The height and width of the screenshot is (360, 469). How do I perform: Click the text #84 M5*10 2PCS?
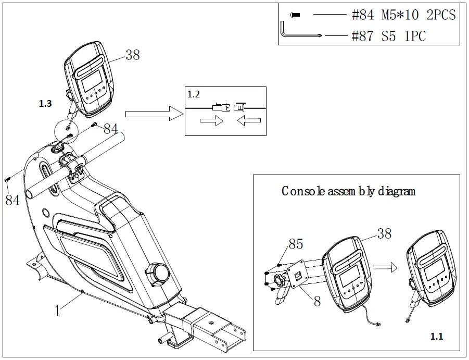pyautogui.click(x=403, y=15)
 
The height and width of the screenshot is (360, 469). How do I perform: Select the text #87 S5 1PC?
pyautogui.click(x=389, y=36)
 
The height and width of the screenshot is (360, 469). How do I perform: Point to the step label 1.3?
pyautogui.click(x=45, y=104)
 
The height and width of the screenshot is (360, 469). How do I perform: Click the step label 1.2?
pyautogui.click(x=194, y=94)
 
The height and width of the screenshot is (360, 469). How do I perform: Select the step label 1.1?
pyautogui.click(x=437, y=337)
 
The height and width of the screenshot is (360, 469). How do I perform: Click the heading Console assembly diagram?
pyautogui.click(x=348, y=191)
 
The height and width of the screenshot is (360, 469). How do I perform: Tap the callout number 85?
pyautogui.click(x=296, y=244)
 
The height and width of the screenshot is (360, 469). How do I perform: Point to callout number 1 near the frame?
pyautogui.click(x=58, y=311)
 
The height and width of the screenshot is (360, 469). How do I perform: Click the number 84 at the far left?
pyautogui.click(x=12, y=199)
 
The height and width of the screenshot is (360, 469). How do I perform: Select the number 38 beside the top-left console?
pyautogui.click(x=132, y=55)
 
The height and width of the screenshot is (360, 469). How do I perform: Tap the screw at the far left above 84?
pyautogui.click(x=7, y=179)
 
